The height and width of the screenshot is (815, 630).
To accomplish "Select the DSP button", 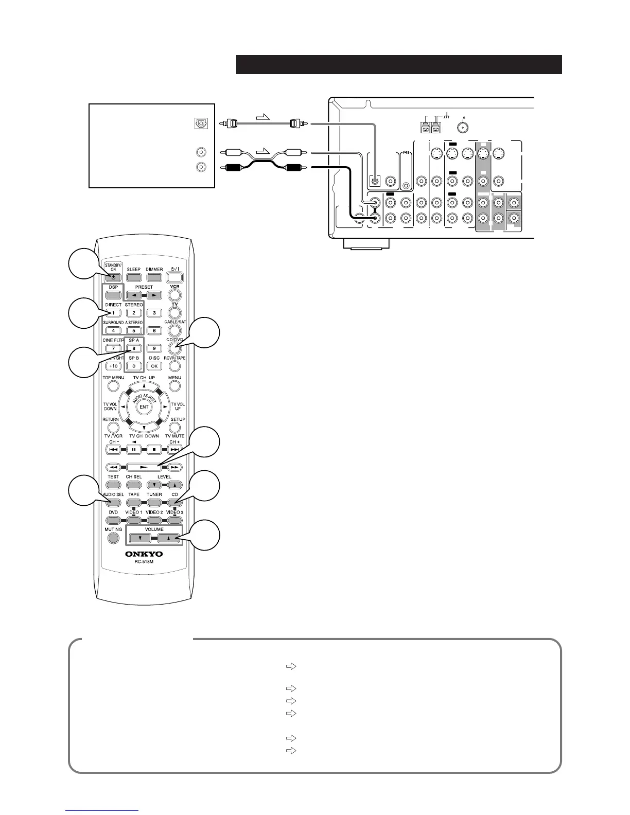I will coord(113,295).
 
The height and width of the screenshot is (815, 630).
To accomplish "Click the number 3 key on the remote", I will coord(154,313).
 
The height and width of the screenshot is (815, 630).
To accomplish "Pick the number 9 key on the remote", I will coord(154,348).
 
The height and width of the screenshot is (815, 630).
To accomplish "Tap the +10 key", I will coord(113,366).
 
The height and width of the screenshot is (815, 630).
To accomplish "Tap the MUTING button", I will coord(113,538).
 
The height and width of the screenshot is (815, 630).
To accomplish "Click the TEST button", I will coord(113,485).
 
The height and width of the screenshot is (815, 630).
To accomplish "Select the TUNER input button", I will coord(154,502).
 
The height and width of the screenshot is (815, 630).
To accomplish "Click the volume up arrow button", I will coord(169,538).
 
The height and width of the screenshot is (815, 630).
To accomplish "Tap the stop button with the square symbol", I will coord(154,450).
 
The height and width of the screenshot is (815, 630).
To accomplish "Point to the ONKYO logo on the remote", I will coord(144,554).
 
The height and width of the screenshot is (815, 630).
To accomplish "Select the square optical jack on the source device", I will coord(201,123).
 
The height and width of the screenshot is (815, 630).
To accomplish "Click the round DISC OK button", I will coord(154,366).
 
